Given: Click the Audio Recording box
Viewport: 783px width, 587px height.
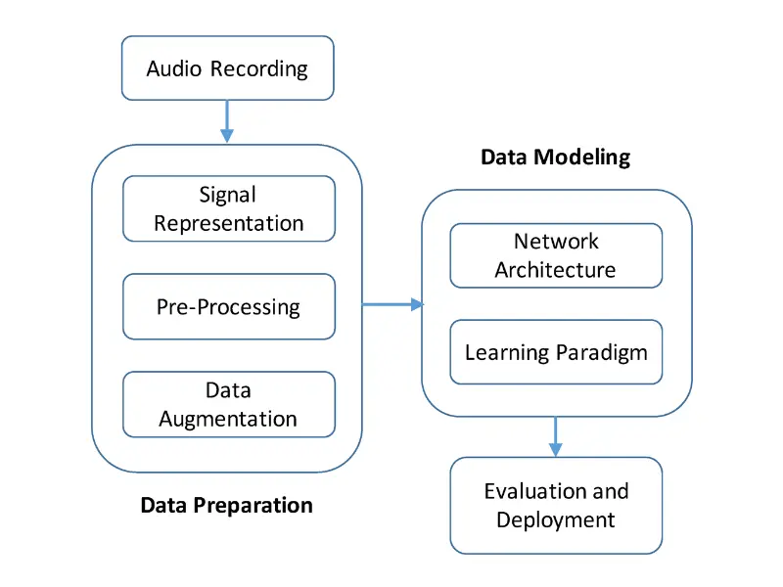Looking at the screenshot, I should (x=227, y=68).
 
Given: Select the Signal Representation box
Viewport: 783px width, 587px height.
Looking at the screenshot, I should (x=229, y=208).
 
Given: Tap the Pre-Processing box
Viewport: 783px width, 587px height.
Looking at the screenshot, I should (x=229, y=306).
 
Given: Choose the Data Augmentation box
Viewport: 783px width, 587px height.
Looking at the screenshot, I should (x=229, y=404).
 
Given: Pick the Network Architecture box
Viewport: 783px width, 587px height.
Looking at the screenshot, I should (x=556, y=255).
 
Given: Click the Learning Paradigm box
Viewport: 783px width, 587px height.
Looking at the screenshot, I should (x=556, y=352).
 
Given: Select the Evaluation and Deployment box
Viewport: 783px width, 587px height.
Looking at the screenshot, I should (x=556, y=505).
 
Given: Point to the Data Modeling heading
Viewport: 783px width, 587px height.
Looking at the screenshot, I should (x=555, y=157).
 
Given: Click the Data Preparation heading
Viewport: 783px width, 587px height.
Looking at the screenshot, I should (x=227, y=505).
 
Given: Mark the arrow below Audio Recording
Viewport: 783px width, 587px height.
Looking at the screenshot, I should (x=227, y=122).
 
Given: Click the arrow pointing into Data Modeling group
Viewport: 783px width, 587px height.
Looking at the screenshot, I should (x=391, y=304).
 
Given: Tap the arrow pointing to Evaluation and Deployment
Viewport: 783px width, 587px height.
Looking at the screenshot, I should (x=556, y=435).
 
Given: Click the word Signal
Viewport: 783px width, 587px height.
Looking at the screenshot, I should (x=227, y=195).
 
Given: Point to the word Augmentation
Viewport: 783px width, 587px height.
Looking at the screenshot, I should (x=228, y=419).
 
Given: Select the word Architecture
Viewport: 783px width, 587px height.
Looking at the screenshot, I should (x=555, y=269).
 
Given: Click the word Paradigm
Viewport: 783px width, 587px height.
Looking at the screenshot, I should (x=602, y=352).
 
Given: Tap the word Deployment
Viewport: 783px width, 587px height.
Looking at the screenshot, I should (x=555, y=519).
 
